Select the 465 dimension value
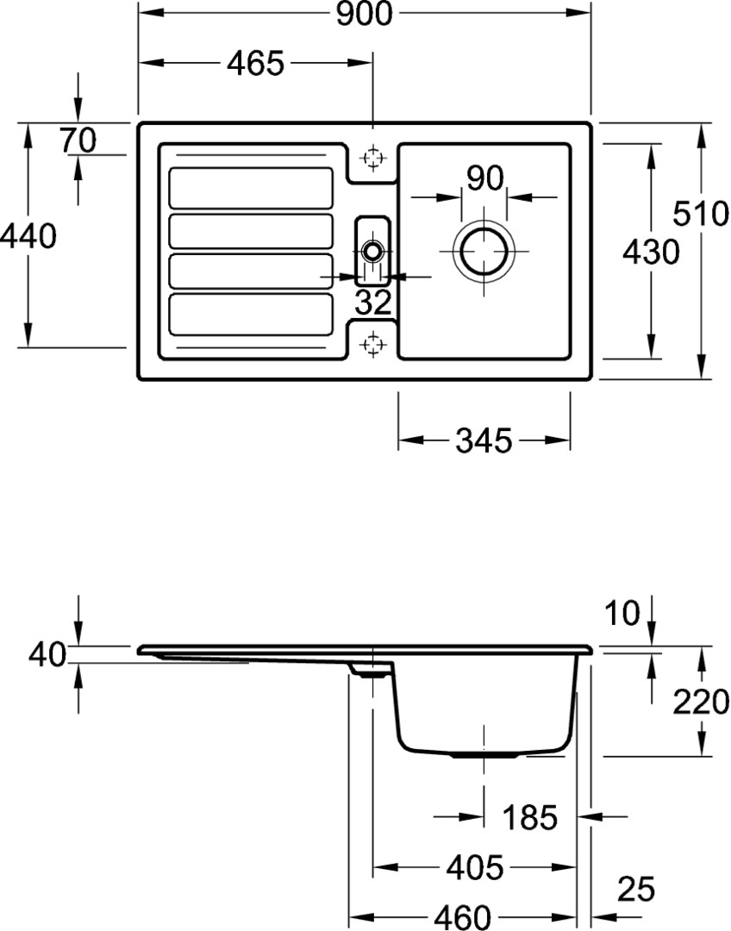pyautogui.click(x=256, y=63)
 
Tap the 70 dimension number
pyautogui.click(x=78, y=141)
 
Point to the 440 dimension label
pyautogui.click(x=28, y=236)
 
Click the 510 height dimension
pyautogui.click(x=701, y=213)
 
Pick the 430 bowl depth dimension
pyautogui.click(x=651, y=253)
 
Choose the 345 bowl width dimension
pyautogui.click(x=484, y=441)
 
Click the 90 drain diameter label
pyautogui.click(x=484, y=178)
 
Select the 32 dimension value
pyautogui.click(x=373, y=303)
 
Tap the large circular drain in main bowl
pyautogui.click(x=484, y=251)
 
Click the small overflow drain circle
pyautogui.click(x=373, y=251)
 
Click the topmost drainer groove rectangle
pyautogui.click(x=251, y=188)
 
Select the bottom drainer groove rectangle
pyautogui.click(x=251, y=315)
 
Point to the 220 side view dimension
pyautogui.click(x=701, y=702)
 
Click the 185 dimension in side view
pyautogui.click(x=530, y=817)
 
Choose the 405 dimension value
pyautogui.click(x=475, y=867)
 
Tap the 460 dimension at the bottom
pyautogui.click(x=463, y=917)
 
